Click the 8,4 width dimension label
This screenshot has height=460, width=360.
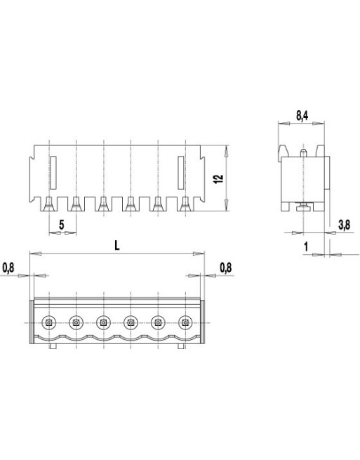click(x=301, y=116)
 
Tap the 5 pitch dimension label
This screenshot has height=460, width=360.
click(x=62, y=224)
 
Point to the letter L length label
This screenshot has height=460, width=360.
click(x=117, y=245)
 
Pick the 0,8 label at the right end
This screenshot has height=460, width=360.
click(x=225, y=268)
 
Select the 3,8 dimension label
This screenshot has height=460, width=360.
click(x=344, y=225)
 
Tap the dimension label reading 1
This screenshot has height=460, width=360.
click(x=307, y=245)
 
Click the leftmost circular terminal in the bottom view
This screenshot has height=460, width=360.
click(x=48, y=322)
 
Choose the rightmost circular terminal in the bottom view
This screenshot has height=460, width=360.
click(x=185, y=322)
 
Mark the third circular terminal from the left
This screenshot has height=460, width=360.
click(x=102, y=322)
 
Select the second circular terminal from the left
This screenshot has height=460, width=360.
click(x=75, y=322)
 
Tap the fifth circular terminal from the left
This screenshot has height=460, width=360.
click(x=158, y=322)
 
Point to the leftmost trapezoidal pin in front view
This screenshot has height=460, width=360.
click(x=48, y=204)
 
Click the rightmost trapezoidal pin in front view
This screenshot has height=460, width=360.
click(x=185, y=204)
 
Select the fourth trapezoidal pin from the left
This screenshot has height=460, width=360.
click(x=131, y=204)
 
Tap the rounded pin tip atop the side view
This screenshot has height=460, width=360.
click(x=302, y=150)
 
